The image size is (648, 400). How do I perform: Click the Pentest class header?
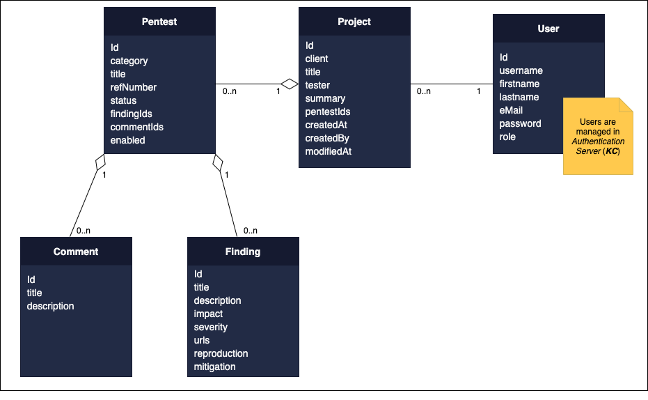(x=159, y=22)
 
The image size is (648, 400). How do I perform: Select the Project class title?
(x=354, y=22)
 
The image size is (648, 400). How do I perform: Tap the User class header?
(x=548, y=29)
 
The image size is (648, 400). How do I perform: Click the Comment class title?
(x=76, y=252)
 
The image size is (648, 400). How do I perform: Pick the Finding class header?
(x=243, y=252)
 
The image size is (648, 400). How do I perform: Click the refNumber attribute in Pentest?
(x=134, y=87)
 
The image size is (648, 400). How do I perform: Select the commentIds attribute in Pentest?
(x=137, y=127)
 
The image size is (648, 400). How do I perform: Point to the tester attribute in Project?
(x=317, y=85)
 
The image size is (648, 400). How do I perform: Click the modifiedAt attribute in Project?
(x=329, y=151)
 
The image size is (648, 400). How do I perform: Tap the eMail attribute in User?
(x=512, y=110)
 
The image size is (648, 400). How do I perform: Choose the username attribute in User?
(x=521, y=70)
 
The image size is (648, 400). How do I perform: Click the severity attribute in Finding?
(x=211, y=327)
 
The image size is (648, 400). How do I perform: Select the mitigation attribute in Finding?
(x=215, y=367)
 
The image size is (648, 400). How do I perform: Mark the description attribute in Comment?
(x=51, y=306)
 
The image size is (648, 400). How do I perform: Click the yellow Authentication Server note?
(x=597, y=137)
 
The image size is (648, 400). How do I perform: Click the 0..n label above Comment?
(x=84, y=231)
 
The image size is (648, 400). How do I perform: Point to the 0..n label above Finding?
(x=250, y=231)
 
